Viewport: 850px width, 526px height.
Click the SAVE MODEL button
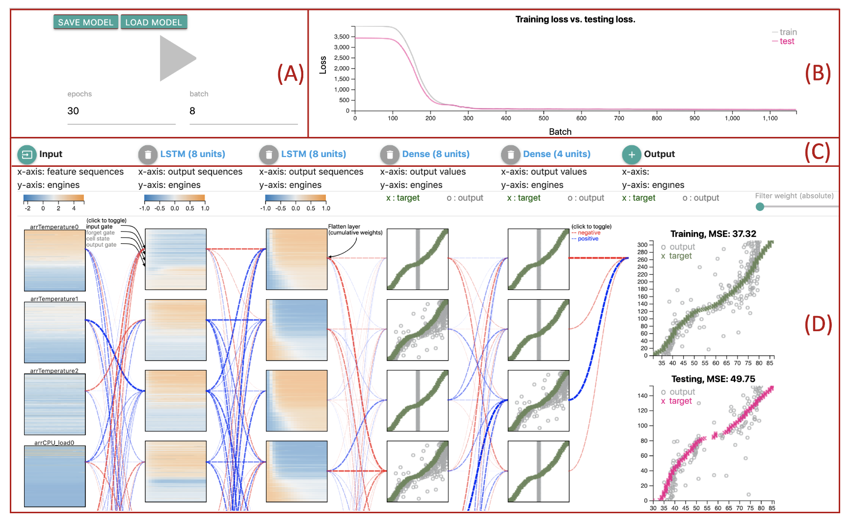click(x=86, y=22)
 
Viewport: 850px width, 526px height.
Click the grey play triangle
click(x=175, y=58)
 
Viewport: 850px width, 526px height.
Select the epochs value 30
click(x=73, y=111)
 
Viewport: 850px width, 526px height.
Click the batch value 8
click(x=192, y=111)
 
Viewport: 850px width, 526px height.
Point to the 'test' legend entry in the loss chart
click(x=787, y=41)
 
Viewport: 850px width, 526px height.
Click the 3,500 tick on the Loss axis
click(x=342, y=37)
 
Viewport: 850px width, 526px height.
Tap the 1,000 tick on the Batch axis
click(x=732, y=118)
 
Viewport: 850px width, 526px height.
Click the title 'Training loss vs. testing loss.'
click(x=575, y=20)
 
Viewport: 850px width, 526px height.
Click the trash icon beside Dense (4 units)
click(x=510, y=155)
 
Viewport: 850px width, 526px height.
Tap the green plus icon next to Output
click(x=632, y=155)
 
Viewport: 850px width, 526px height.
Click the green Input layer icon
click(x=27, y=155)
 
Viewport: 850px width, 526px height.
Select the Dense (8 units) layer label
click(x=436, y=154)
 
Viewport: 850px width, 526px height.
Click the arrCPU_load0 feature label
click(x=54, y=443)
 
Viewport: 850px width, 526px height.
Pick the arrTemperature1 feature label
click(x=54, y=299)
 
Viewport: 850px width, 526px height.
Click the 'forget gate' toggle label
click(x=101, y=233)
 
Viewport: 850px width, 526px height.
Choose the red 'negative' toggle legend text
click(x=589, y=233)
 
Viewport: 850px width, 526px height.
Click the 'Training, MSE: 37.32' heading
click(x=713, y=234)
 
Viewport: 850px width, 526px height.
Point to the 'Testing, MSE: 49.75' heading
click(x=713, y=379)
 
